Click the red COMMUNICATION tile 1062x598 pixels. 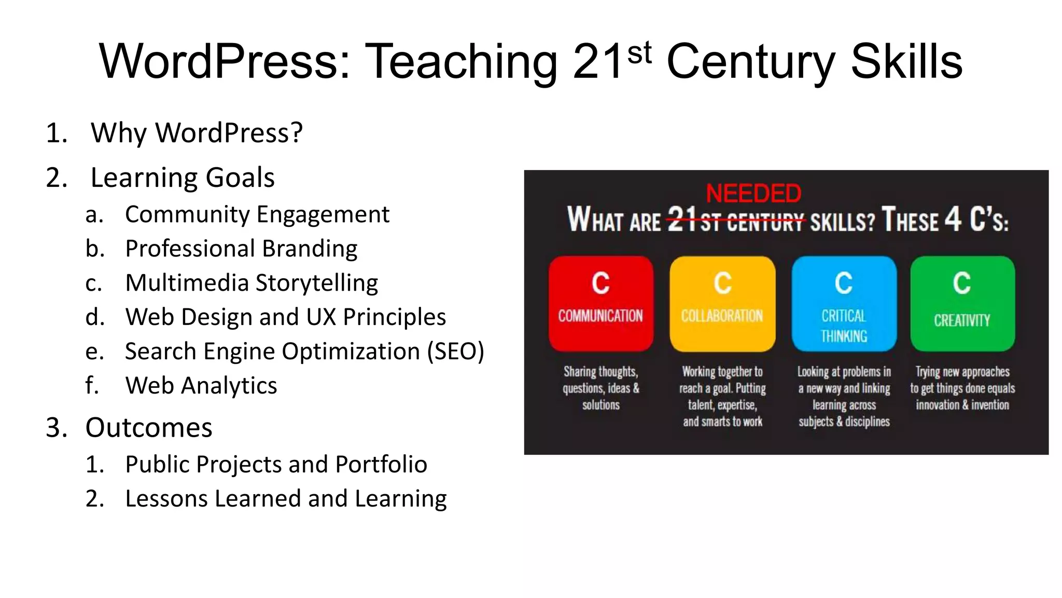pos(600,303)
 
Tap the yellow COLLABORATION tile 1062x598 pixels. pos(722,303)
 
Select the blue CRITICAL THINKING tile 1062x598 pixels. pos(844,303)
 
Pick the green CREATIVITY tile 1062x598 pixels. pos(962,303)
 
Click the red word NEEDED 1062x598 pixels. pos(753,194)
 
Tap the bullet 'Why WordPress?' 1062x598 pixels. pos(197,133)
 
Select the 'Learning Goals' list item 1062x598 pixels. pos(182,178)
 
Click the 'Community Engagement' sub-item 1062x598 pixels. pos(257,214)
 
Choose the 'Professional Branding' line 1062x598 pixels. pos(241,249)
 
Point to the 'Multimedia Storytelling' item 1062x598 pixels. pos(251,283)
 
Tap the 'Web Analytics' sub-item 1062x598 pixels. pos(201,386)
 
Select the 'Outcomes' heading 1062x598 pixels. pos(149,428)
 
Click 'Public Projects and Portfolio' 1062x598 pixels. pos(276,465)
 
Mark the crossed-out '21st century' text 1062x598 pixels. pos(736,220)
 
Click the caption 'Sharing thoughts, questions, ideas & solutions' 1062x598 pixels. pos(601,388)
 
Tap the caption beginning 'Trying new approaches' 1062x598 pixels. pos(962,388)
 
